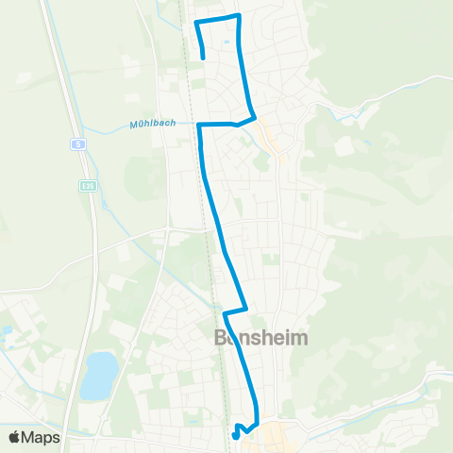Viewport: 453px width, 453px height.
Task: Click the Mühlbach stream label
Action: [x=151, y=124]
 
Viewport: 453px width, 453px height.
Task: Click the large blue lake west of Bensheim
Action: [x=98, y=375]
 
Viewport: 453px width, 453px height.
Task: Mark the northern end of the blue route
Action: [x=204, y=58]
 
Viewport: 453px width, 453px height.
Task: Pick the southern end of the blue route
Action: [x=235, y=436]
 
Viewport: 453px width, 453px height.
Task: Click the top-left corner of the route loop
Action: [x=195, y=22]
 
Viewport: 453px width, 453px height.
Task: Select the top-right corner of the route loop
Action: [x=239, y=15]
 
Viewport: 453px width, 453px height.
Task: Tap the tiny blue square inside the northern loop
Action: [x=226, y=41]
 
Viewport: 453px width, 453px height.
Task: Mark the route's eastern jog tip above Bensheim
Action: [x=246, y=307]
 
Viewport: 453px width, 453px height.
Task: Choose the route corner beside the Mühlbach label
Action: [x=199, y=124]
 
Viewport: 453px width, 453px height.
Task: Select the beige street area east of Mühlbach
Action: [x=273, y=142]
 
